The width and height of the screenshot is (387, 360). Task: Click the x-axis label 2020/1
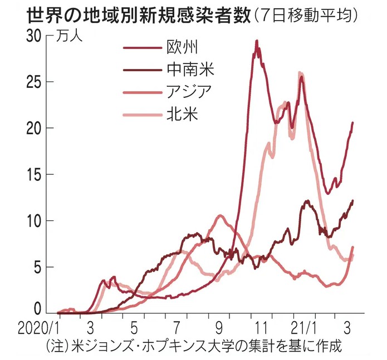[36, 325]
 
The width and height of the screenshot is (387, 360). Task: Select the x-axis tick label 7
[176, 325]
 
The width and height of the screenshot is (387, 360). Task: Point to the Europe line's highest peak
[257, 41]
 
